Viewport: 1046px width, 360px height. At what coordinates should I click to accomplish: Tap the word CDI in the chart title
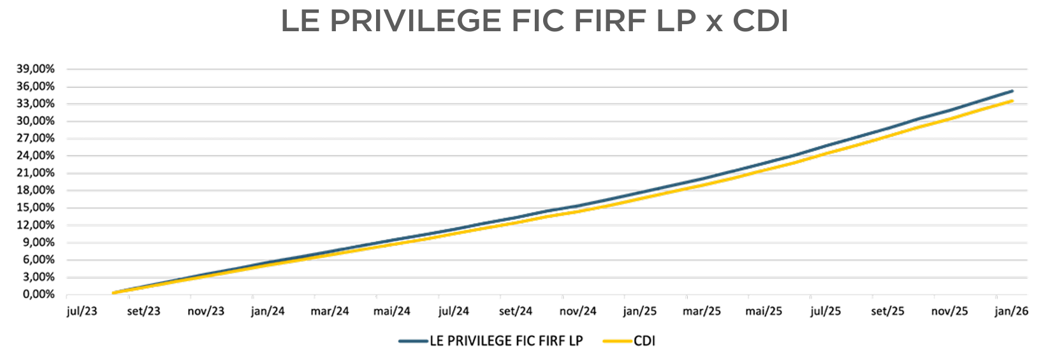tap(760, 22)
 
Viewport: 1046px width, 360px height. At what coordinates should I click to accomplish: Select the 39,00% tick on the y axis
tap(36, 69)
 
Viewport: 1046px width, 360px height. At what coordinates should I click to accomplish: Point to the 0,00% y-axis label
tap(39, 294)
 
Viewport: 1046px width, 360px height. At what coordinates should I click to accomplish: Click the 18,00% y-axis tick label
tap(36, 190)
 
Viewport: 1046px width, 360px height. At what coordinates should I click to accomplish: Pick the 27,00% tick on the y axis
tap(36, 138)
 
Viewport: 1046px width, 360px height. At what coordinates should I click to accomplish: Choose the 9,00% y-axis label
tap(39, 242)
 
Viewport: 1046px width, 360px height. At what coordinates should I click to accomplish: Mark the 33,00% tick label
tap(36, 103)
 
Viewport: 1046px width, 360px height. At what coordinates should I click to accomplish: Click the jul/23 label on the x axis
tap(82, 311)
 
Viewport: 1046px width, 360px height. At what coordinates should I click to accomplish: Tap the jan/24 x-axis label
tap(268, 311)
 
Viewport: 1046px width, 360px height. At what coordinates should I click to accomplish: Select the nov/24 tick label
tap(578, 311)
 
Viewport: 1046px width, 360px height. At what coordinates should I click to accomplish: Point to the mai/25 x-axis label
tap(764, 311)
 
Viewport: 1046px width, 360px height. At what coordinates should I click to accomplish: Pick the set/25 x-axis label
tap(888, 311)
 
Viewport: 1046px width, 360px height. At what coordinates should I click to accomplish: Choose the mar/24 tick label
tap(330, 311)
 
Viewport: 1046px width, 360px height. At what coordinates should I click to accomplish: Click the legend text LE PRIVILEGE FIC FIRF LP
tap(506, 341)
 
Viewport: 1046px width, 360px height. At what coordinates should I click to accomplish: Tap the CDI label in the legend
tap(644, 341)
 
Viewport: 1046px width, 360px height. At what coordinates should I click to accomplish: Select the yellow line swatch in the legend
tap(616, 341)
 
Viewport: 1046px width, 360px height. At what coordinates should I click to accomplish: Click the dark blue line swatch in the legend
tap(412, 341)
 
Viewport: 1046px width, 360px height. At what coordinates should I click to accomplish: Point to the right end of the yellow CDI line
tap(1012, 101)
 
